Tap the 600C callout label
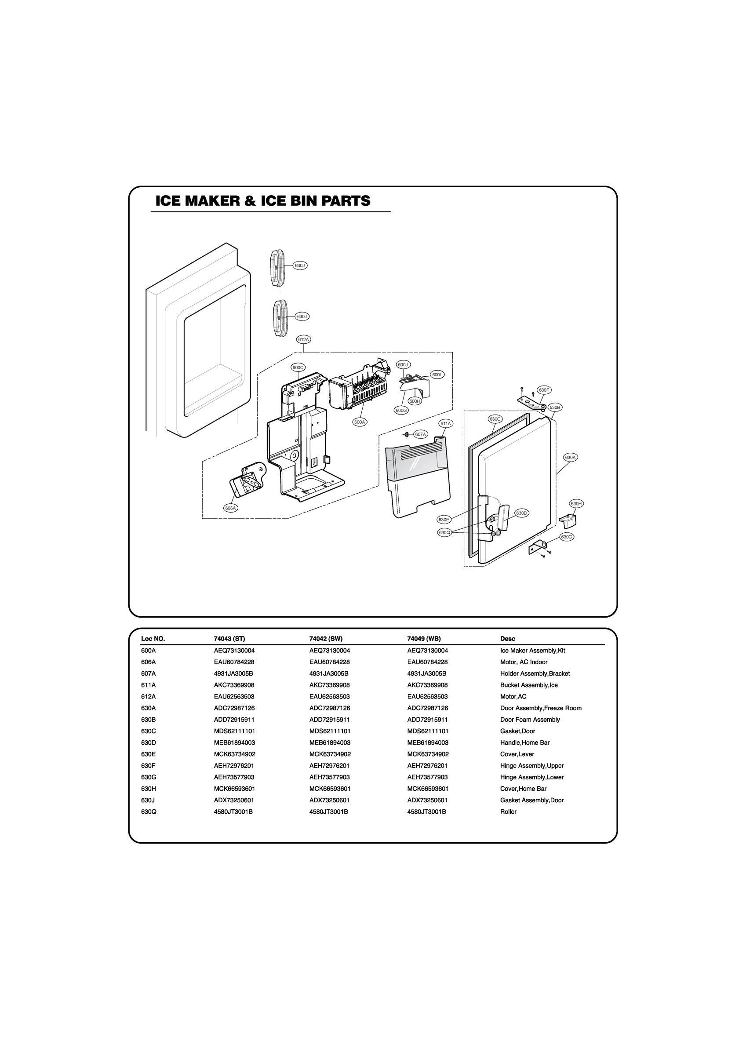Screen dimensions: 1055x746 [x=298, y=367]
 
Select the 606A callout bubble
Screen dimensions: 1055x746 [x=231, y=508]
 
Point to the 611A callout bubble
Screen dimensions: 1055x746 [x=445, y=423]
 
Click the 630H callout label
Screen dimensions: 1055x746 [x=576, y=504]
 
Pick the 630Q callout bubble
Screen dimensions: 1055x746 [x=444, y=532]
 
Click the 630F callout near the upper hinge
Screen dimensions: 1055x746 [x=544, y=389]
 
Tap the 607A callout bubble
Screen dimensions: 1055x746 [x=420, y=434]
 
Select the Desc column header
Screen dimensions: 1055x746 [x=507, y=638]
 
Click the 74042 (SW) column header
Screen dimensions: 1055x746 [x=326, y=638]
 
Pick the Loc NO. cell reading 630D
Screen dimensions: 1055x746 [x=149, y=742]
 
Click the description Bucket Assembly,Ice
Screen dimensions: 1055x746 [x=528, y=684]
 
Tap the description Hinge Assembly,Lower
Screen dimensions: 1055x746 [x=531, y=777]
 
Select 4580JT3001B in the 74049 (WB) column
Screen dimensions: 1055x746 [x=426, y=811]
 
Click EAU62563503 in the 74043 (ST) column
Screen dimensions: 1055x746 [x=234, y=696]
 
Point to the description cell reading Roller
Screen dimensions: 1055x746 [x=508, y=811]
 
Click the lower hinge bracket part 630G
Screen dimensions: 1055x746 [x=537, y=547]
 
